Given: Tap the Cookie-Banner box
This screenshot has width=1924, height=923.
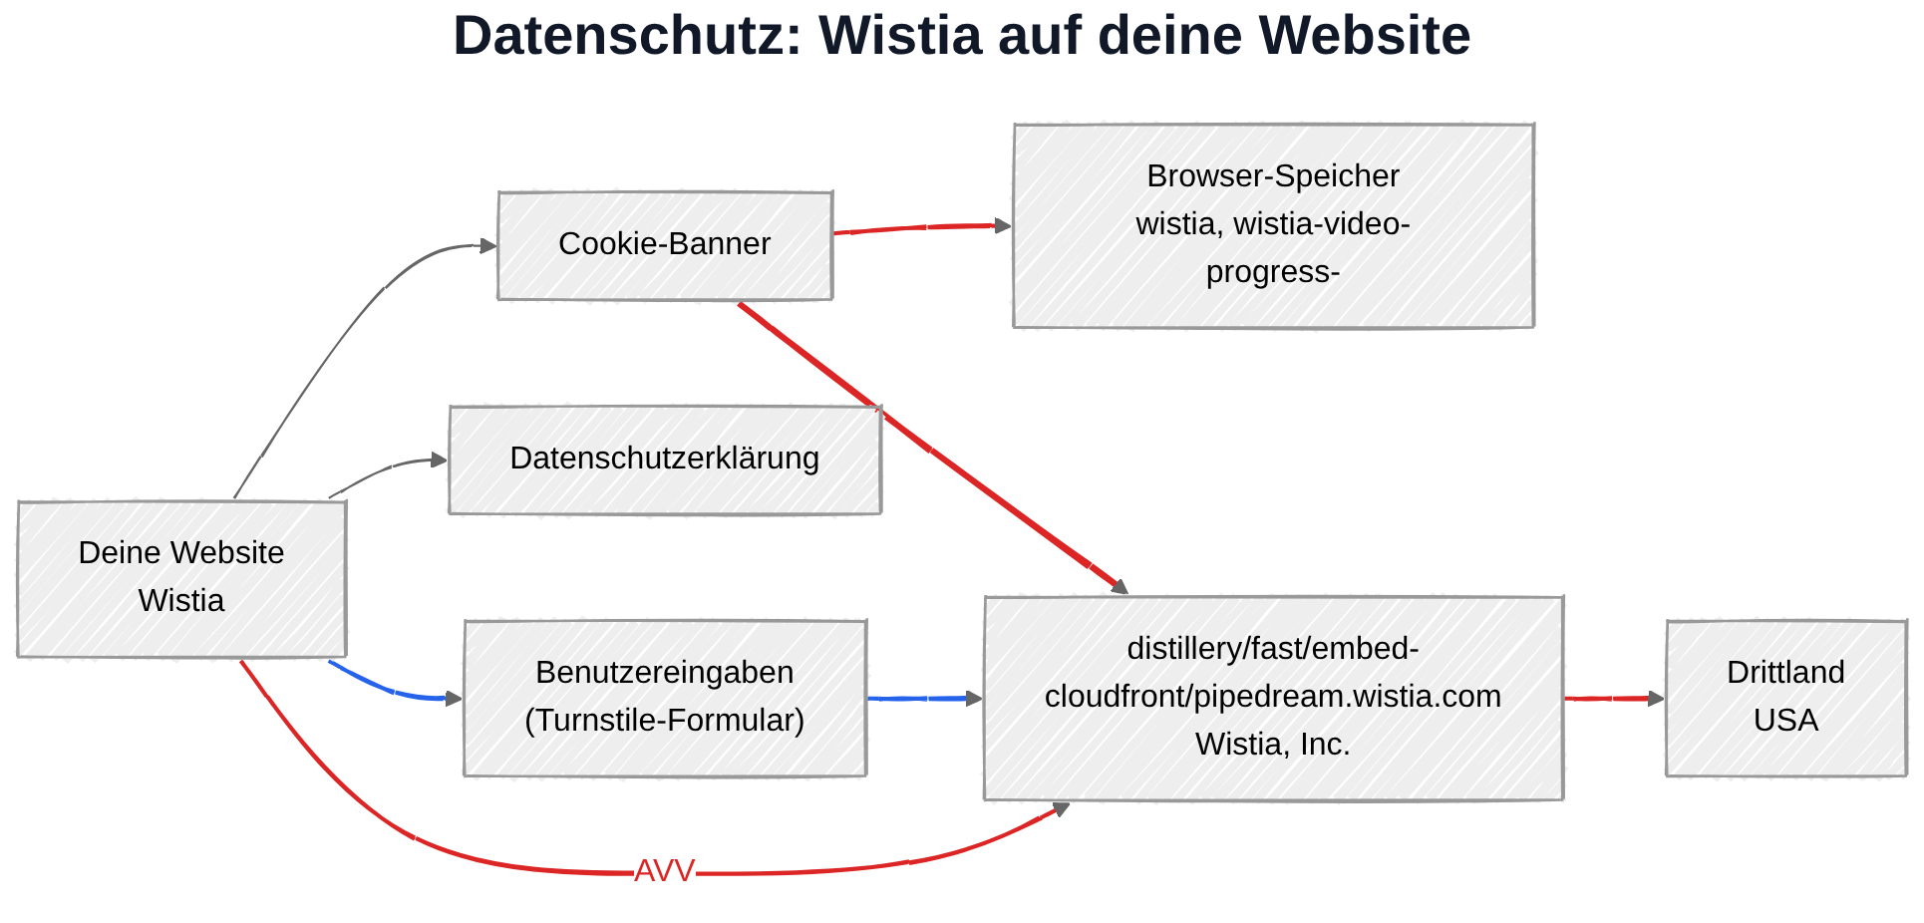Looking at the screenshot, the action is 665,245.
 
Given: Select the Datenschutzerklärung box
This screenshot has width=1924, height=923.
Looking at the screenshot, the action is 665,460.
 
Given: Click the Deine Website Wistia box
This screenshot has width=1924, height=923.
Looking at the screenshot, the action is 181,579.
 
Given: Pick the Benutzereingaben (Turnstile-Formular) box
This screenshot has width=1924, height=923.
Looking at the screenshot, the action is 665,698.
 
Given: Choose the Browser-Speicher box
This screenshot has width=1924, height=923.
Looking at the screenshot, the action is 1273,225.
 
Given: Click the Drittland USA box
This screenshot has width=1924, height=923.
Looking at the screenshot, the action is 1785,698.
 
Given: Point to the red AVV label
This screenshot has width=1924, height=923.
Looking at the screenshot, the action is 664,871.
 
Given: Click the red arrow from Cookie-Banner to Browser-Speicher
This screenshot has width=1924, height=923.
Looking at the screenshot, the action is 922,228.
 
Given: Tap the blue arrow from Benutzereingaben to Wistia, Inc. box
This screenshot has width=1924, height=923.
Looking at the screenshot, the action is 925,699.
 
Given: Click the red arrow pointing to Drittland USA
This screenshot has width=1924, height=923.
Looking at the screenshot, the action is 1615,699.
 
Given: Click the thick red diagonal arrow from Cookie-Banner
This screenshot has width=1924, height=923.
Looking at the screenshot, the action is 932,450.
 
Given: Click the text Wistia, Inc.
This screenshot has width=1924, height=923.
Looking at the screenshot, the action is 1273,745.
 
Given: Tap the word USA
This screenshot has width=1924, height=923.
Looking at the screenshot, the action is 1785,721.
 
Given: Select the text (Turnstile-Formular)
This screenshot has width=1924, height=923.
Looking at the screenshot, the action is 665,721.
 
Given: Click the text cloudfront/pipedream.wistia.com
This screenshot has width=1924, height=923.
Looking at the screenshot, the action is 1273,697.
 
